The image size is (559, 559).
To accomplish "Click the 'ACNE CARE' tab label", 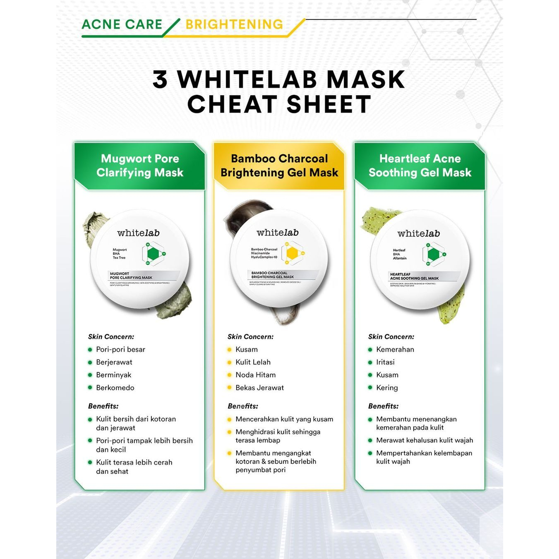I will tap(122, 24).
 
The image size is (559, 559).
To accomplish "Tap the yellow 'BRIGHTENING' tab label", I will tap(234, 24).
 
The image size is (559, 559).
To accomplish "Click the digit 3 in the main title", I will tap(160, 79).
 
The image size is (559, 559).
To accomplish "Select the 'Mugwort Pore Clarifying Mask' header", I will tap(140, 166).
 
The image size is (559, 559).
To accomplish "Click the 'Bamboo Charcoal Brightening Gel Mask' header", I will tap(279, 166).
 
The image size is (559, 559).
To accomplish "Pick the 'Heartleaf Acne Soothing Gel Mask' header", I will tap(420, 166).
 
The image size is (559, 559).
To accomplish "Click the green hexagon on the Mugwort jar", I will tap(153, 254).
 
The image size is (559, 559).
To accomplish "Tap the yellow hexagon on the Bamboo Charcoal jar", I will tap(292, 253).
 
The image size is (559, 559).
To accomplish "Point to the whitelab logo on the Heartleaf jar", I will tap(418, 234).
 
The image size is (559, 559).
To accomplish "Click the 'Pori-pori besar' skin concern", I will tap(120, 350).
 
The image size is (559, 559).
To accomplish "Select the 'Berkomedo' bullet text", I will tap(115, 388).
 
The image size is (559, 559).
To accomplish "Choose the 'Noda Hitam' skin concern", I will tap(255, 375).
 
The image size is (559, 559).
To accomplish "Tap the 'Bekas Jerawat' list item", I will tap(259, 388).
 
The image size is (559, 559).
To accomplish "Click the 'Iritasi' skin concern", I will tap(385, 362).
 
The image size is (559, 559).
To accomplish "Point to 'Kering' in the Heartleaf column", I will tap(387, 388).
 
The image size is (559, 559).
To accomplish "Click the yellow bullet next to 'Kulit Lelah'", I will tap(230, 362).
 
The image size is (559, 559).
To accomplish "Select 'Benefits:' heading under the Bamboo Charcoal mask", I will tap(243, 406).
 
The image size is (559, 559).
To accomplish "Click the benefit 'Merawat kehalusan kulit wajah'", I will tap(425, 440).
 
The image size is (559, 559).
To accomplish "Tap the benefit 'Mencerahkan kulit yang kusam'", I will tap(284, 419).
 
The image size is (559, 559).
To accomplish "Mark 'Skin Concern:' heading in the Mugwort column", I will tap(111, 337).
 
